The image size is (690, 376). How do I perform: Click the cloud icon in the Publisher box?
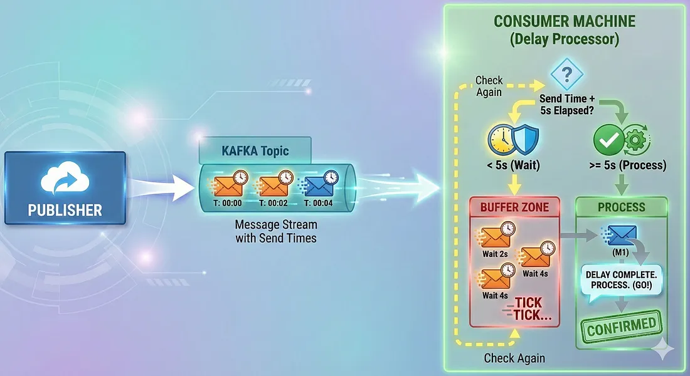point(65,180)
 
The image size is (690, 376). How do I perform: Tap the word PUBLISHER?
point(65,211)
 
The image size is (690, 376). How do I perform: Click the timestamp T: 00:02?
point(272,203)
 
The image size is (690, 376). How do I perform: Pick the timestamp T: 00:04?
point(320,203)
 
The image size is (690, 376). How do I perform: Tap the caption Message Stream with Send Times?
point(275,231)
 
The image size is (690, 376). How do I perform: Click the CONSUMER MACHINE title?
point(564,21)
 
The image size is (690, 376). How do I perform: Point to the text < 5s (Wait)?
point(512,166)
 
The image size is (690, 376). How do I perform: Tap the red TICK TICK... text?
point(533,308)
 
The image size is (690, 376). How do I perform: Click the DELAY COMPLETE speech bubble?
point(620,280)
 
